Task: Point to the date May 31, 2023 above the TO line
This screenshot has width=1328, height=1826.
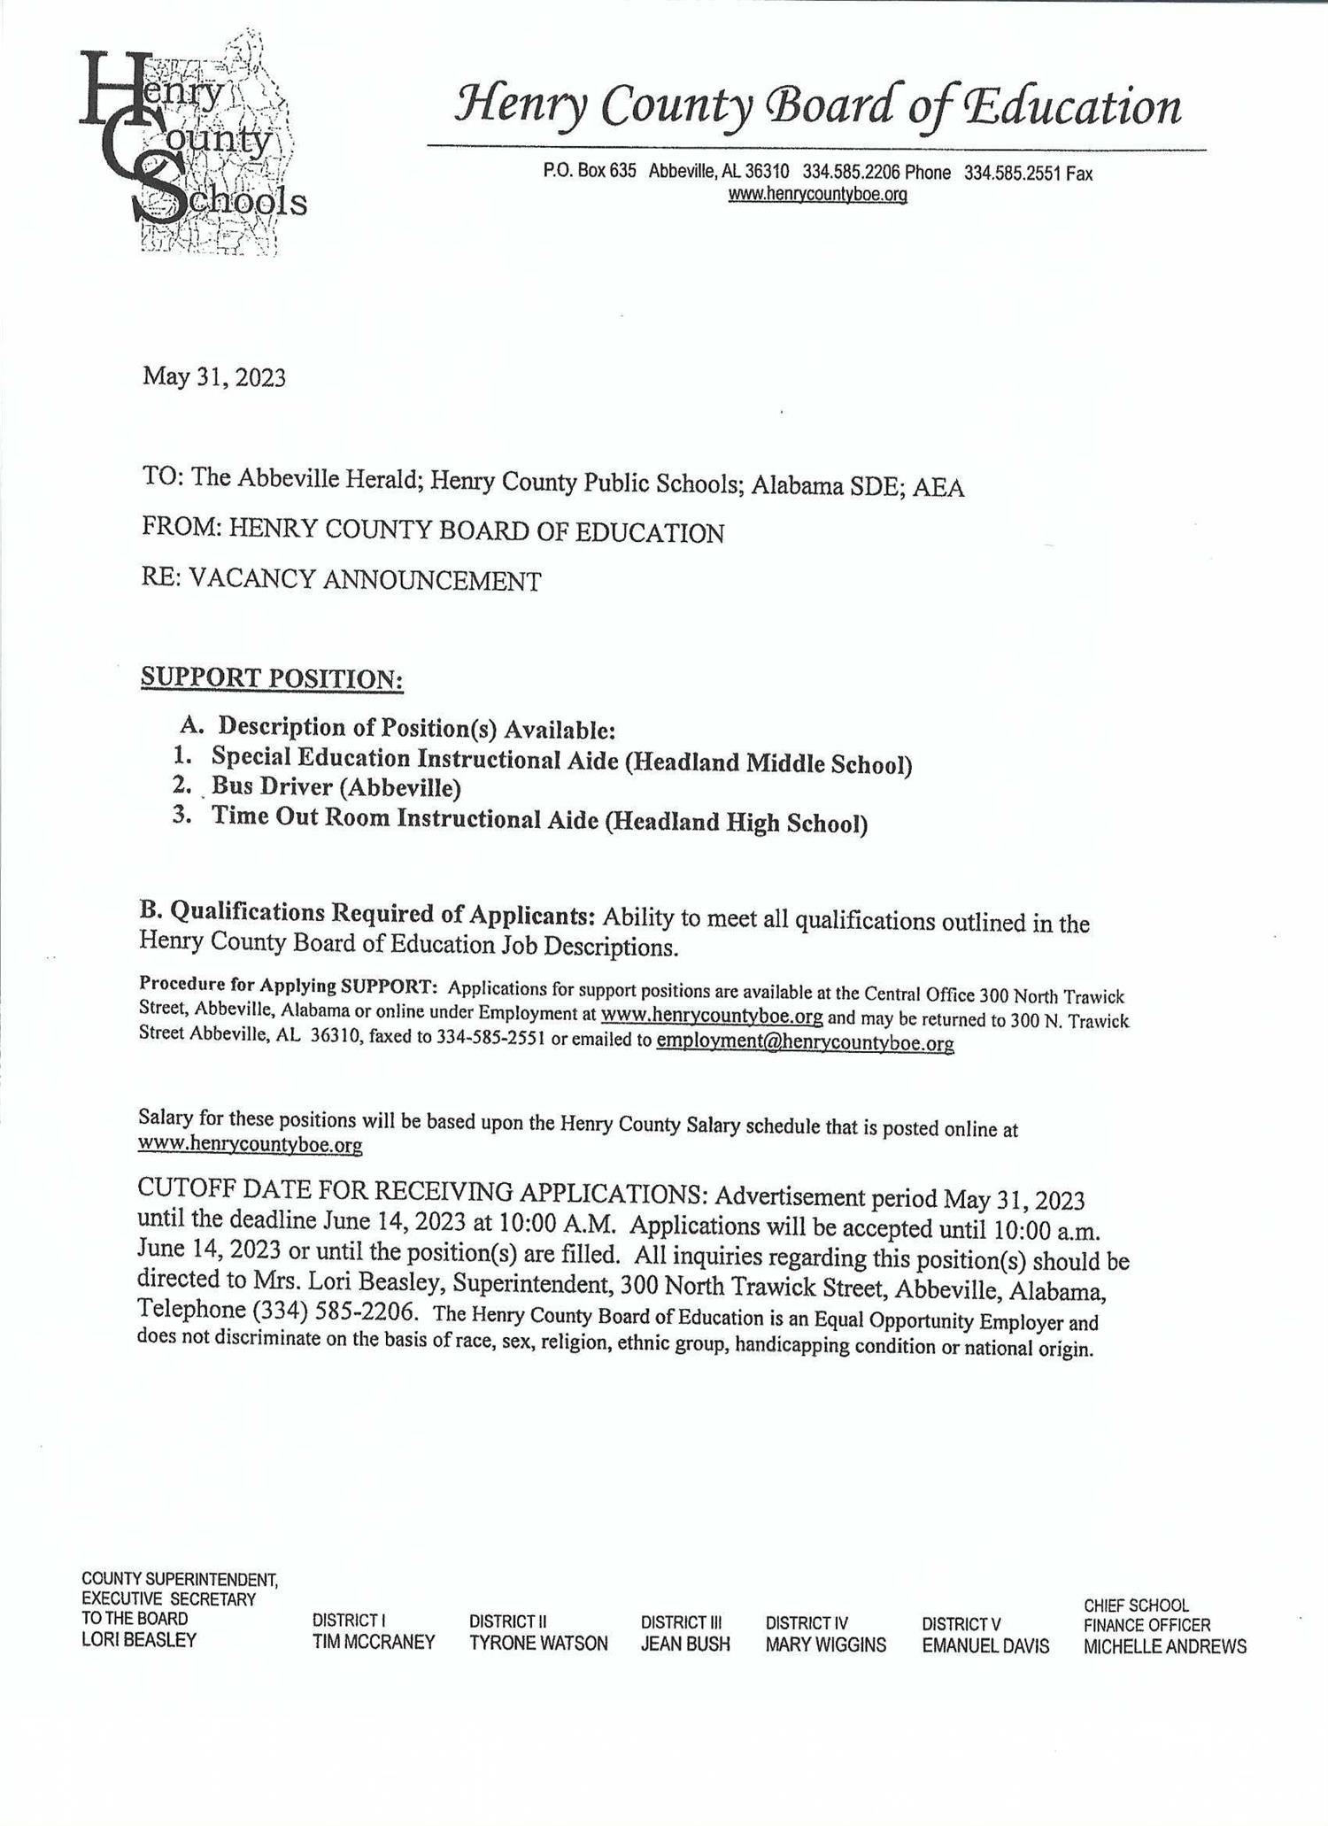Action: pos(214,378)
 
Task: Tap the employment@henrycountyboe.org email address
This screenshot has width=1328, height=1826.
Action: pos(805,1043)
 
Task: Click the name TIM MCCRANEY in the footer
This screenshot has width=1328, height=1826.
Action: pos(374,1643)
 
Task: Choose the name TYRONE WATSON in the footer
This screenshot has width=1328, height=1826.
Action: pos(538,1644)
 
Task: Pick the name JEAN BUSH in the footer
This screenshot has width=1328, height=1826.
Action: pos(685,1644)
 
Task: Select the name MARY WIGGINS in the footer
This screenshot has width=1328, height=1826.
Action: pos(825,1644)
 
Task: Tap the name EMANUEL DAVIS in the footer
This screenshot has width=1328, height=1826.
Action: pos(985,1645)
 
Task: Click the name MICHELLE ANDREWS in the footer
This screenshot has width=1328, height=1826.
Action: pos(1164,1646)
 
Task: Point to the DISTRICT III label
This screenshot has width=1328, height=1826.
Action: pos(681,1622)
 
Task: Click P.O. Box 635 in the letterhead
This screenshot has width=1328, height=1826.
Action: pos(590,172)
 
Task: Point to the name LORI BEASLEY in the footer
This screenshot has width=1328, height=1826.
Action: pos(139,1639)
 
